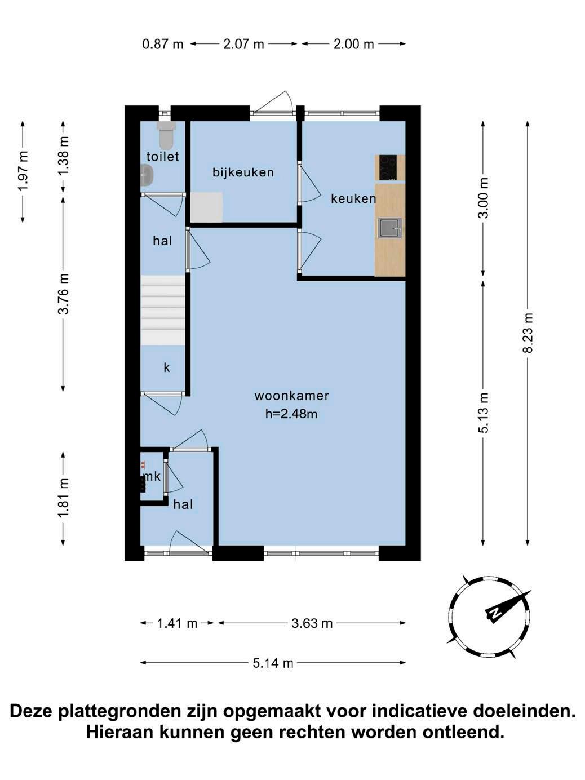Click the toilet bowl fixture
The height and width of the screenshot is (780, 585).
[x=166, y=135]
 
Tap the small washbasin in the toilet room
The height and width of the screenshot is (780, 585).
[x=147, y=175]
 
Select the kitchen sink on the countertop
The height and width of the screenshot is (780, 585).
[x=389, y=228]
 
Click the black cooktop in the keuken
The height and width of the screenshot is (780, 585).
[x=388, y=168]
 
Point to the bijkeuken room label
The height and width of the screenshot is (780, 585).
[x=243, y=172]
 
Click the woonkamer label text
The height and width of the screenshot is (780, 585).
[x=291, y=396]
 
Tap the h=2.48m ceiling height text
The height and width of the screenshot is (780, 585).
[x=291, y=414]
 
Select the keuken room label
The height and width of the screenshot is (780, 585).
[x=353, y=198]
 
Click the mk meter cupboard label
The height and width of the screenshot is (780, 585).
[x=152, y=476]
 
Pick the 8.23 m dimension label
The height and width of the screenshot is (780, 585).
[x=528, y=333]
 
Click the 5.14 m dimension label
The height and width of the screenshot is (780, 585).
[x=273, y=663]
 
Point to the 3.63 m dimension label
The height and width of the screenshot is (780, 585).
[x=312, y=623]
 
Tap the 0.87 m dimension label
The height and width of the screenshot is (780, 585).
[x=163, y=44]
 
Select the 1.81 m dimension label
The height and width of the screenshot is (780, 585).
[x=63, y=498]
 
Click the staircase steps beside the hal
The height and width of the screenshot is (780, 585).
[x=163, y=310]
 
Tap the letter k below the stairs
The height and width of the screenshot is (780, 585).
[x=167, y=367]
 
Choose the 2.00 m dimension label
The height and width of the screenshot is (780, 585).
[x=353, y=44]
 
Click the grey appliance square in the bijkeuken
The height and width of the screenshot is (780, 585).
[x=206, y=207]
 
